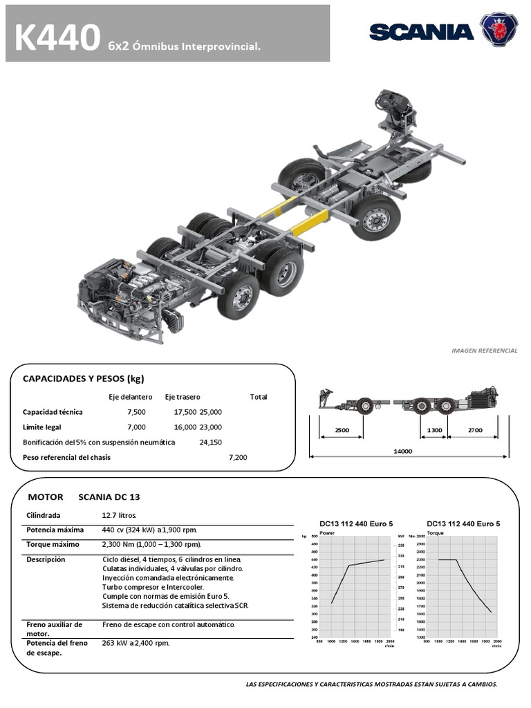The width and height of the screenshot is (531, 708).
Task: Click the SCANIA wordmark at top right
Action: coord(421,31)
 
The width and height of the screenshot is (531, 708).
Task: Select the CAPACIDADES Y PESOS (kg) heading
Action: coord(83,378)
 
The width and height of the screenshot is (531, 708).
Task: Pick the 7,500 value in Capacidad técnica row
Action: coord(137,412)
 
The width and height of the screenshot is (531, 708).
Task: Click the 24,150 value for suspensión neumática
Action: coord(211,442)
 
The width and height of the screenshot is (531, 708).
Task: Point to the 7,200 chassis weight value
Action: coord(238,457)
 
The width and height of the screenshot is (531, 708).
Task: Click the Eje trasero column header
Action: coord(183,397)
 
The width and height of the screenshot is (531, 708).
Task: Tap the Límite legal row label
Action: coord(42,427)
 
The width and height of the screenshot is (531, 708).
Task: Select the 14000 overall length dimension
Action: coord(402,451)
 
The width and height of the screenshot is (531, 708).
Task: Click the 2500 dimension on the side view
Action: coord(342,430)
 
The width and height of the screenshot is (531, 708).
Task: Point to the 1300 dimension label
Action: coord(434,430)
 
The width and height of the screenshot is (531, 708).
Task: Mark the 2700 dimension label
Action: coord(474,430)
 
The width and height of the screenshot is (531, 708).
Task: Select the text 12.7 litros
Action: coord(120,515)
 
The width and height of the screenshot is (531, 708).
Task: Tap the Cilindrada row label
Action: coord(44,515)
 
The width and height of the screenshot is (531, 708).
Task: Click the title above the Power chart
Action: coord(356,523)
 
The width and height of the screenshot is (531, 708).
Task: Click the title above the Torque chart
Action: coord(463,523)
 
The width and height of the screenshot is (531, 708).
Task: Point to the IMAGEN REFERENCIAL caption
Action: coord(484,351)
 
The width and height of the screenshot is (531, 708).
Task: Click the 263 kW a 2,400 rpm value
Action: coord(136,642)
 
